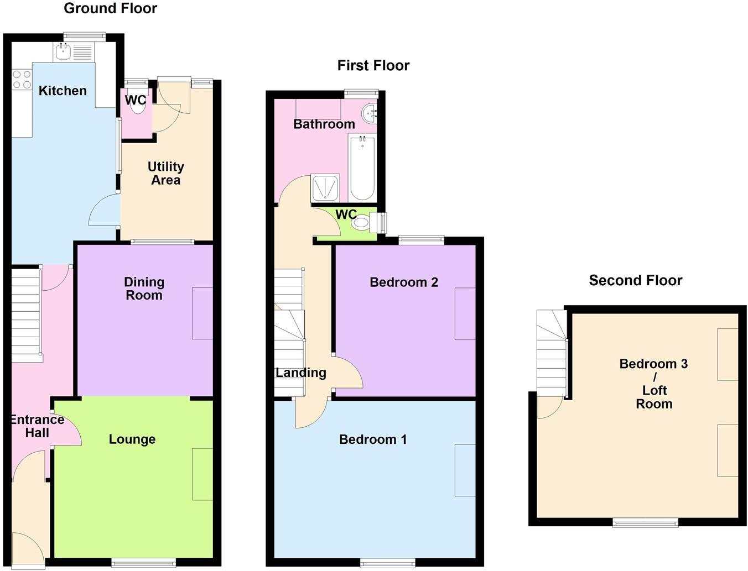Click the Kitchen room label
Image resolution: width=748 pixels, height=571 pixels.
tap(63, 91)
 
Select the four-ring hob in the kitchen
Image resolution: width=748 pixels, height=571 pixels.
tap(22, 80)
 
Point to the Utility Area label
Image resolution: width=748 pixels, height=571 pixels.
tap(165, 173)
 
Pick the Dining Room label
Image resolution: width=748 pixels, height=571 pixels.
tap(144, 289)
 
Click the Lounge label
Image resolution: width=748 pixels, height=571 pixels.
tap(132, 439)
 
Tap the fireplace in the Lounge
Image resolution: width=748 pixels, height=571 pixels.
tap(202, 474)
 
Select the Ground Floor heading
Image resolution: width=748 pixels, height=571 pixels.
tap(110, 8)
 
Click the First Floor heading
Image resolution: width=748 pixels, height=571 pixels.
tap(373, 65)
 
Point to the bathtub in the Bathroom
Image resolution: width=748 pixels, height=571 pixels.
tap(362, 168)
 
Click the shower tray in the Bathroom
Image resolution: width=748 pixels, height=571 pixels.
tap(326, 188)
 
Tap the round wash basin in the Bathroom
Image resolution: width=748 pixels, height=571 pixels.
tap(370, 114)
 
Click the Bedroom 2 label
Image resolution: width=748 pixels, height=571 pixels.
tap(404, 282)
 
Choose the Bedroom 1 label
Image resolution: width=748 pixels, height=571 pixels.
tap(373, 439)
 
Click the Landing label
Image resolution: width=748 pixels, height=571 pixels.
tap(301, 373)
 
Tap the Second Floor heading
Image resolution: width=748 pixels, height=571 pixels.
tap(635, 280)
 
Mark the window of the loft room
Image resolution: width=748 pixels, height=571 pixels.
tap(645, 522)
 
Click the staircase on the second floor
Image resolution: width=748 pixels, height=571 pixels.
tap(552, 354)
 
